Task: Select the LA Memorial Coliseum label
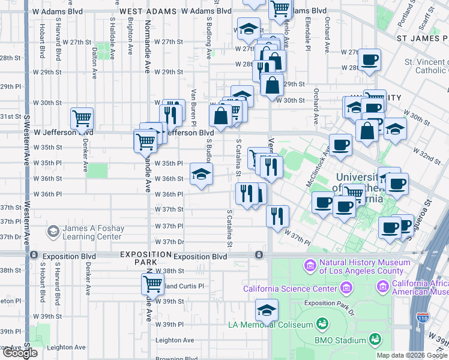point(271,325)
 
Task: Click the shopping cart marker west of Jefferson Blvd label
point(82,119)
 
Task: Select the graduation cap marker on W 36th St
point(202,175)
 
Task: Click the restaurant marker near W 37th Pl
point(277,216)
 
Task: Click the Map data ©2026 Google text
point(412,355)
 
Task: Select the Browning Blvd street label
point(175,358)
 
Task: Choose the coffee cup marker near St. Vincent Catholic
point(369,59)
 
